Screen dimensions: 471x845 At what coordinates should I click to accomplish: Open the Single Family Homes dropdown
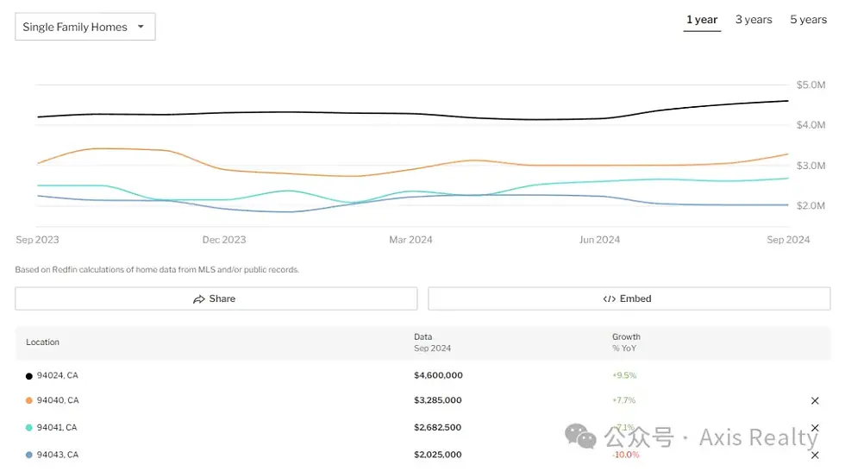click(84, 27)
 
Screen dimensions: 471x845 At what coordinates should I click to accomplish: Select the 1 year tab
click(702, 20)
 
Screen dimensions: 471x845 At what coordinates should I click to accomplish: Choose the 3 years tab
click(754, 20)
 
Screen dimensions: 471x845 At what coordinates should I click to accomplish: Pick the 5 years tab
click(808, 20)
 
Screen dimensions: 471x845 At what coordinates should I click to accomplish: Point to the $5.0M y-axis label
click(811, 85)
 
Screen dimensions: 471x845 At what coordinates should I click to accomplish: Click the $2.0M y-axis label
click(811, 205)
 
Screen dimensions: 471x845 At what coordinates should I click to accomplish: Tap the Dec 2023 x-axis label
click(223, 240)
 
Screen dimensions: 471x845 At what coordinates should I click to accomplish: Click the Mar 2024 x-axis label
click(410, 240)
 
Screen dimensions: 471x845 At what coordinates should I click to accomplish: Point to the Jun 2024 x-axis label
click(599, 240)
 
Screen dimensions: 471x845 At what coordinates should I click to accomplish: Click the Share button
click(216, 298)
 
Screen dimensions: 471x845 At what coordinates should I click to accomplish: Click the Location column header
click(43, 342)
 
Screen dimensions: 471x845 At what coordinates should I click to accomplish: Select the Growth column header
click(626, 337)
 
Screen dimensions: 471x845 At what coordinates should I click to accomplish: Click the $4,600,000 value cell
click(438, 376)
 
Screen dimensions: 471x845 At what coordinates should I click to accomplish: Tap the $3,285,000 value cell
click(438, 400)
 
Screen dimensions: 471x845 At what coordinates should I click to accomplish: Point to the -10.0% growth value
click(626, 455)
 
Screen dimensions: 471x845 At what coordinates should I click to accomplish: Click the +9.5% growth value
click(624, 376)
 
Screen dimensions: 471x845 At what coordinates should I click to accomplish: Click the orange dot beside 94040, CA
click(29, 401)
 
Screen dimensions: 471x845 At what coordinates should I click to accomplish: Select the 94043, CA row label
click(58, 455)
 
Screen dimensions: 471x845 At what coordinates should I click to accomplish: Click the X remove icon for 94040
click(815, 401)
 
